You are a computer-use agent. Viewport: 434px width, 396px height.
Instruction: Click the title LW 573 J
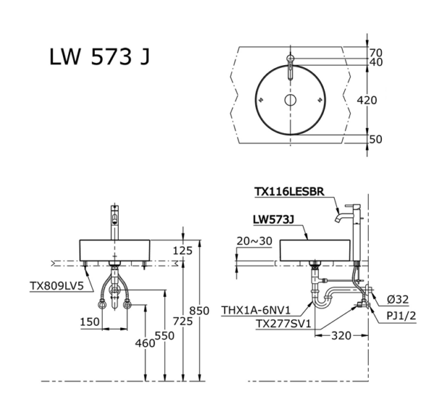[99, 59]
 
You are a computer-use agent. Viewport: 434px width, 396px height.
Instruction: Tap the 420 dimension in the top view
[367, 100]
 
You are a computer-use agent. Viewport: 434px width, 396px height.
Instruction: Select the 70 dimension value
[375, 53]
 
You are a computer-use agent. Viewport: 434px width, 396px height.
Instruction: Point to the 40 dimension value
[375, 63]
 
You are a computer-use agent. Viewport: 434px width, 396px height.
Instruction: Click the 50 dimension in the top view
[375, 139]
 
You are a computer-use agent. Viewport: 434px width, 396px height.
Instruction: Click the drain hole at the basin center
[289, 100]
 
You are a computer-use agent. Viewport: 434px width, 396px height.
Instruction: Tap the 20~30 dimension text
[255, 241]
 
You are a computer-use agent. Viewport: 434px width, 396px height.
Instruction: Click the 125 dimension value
[183, 250]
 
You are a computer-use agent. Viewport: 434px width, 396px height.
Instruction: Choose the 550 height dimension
[165, 335]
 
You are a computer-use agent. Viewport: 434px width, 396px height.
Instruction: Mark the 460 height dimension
[145, 343]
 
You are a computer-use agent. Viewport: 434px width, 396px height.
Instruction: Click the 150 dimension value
[90, 321]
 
